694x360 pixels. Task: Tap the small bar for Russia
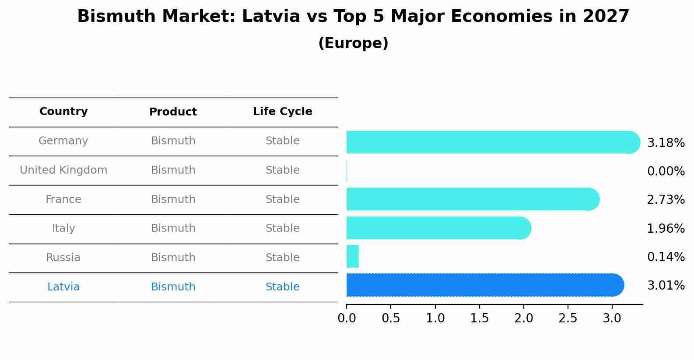click(x=353, y=256)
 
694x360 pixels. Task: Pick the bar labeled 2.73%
click(x=473, y=199)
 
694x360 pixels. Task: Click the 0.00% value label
click(x=666, y=171)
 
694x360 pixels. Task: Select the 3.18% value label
click(x=666, y=143)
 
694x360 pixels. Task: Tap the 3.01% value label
click(x=666, y=286)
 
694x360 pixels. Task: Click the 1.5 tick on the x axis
click(x=480, y=318)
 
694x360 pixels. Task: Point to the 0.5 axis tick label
click(x=391, y=318)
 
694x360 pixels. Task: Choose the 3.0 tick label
click(x=612, y=318)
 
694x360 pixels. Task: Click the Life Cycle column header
click(x=282, y=112)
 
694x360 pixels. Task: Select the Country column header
click(x=63, y=112)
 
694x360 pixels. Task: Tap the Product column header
click(x=173, y=112)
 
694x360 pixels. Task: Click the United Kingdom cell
click(x=63, y=170)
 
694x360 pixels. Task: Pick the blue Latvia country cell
click(x=63, y=287)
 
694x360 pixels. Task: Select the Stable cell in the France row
click(x=282, y=199)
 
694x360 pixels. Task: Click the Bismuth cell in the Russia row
click(x=173, y=258)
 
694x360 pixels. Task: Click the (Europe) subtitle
click(x=353, y=43)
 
